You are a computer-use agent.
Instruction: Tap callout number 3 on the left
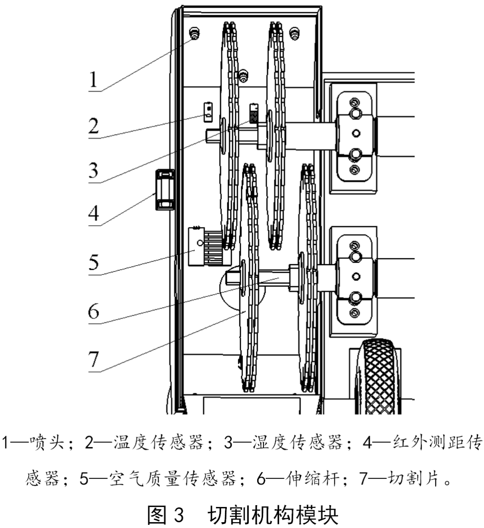tap(93, 170)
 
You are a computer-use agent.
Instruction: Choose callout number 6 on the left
tap(93, 310)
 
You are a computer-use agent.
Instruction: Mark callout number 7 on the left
tap(93, 358)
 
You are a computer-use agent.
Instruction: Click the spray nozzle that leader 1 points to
tap(195, 34)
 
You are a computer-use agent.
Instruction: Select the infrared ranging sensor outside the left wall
tap(164, 189)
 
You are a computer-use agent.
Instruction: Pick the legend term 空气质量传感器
tap(173, 479)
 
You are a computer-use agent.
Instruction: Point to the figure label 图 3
tap(166, 515)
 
